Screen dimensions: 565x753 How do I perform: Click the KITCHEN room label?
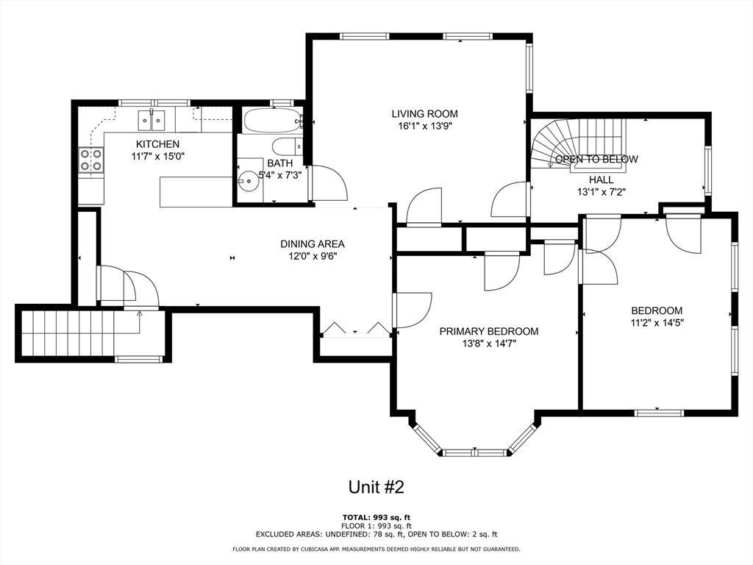(157, 144)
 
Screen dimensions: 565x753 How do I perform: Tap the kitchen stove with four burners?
(91, 160)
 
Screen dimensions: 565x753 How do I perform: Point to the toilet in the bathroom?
(285, 146)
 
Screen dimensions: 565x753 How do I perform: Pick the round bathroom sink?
(250, 177)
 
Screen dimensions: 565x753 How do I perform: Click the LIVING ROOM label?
(424, 113)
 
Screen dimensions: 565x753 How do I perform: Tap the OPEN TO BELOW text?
(596, 159)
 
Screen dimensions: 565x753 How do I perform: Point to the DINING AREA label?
(312, 244)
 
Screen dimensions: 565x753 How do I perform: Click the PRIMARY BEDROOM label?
(488, 331)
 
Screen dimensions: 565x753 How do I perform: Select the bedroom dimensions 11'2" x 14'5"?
(657, 322)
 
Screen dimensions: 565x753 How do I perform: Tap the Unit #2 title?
(376, 487)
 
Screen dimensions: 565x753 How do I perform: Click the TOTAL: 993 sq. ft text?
(376, 517)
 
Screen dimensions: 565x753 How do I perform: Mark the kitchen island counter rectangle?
(196, 191)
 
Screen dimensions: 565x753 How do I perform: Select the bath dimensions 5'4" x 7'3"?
(269, 175)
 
